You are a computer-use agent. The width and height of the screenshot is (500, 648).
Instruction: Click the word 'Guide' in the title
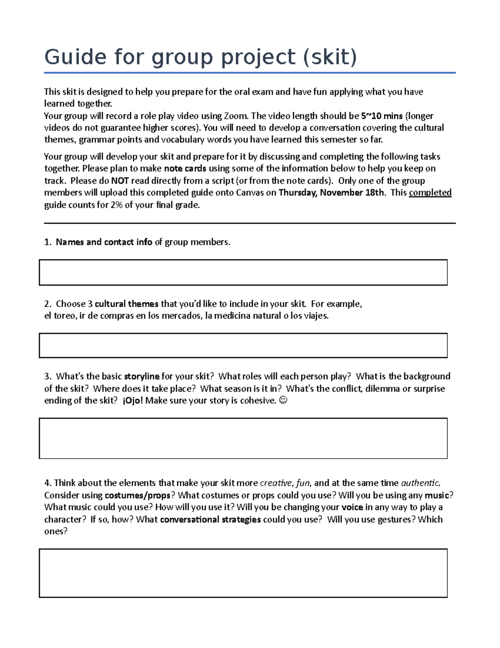click(75, 57)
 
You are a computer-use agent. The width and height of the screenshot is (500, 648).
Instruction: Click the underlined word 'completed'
click(430, 192)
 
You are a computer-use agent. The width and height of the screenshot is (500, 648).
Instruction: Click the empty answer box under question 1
click(243, 272)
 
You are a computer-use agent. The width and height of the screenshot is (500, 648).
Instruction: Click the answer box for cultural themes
click(243, 345)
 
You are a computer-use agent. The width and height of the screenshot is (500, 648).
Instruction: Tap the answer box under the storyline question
click(243, 438)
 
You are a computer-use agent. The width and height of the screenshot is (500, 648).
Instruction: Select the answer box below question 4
click(243, 573)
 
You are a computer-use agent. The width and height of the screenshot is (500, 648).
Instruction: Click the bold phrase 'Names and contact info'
click(104, 242)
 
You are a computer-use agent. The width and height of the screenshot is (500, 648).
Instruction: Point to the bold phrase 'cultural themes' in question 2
click(127, 304)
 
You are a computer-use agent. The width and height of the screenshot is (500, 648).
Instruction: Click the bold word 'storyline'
click(142, 376)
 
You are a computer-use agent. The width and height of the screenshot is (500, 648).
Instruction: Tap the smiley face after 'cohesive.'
click(283, 401)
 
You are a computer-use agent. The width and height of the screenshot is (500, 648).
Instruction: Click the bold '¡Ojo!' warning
click(133, 401)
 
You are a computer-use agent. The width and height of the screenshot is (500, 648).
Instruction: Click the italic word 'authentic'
click(420, 483)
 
